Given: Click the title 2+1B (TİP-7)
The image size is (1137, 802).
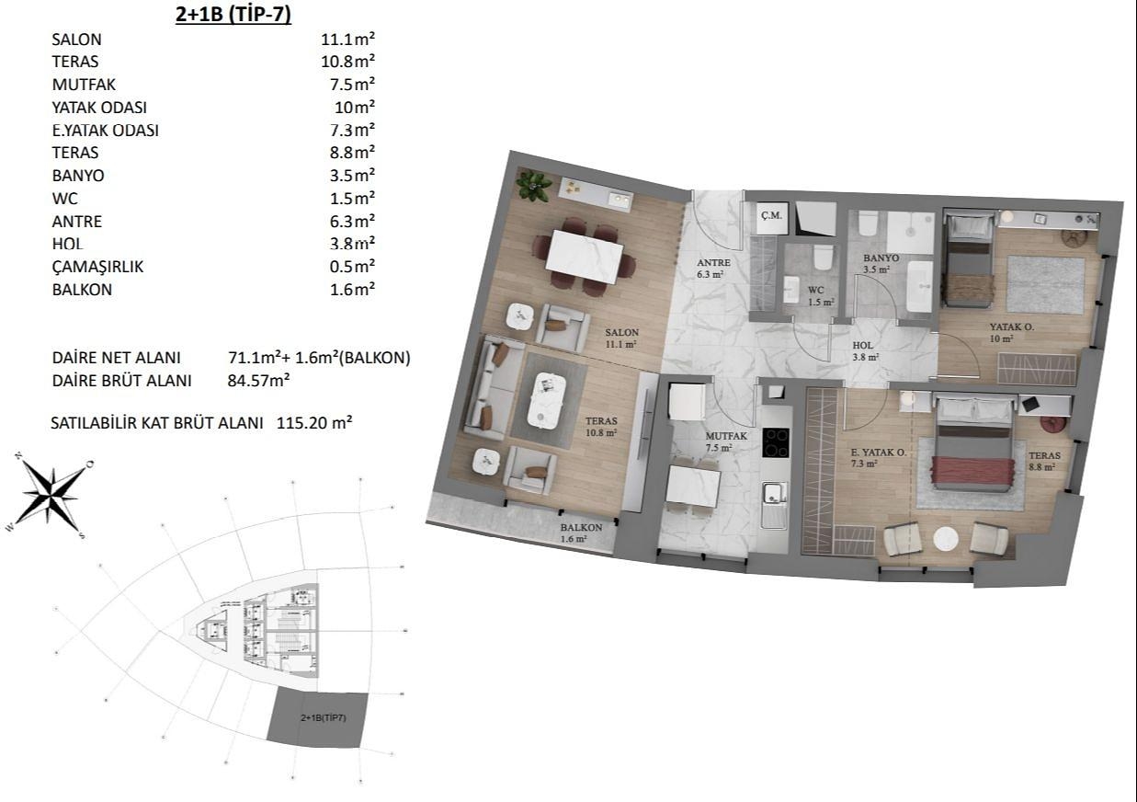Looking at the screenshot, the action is [233, 14].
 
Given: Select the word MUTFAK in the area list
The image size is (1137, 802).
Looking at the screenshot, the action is [84, 85].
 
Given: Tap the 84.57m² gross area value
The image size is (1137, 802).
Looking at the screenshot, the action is [258, 380].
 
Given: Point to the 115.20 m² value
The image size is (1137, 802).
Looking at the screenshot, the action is [314, 422].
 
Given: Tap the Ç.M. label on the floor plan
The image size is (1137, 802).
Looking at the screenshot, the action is [771, 215].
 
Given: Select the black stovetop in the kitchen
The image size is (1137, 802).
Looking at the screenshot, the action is [776, 443].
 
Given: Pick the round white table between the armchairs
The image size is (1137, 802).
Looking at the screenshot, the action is [946, 538].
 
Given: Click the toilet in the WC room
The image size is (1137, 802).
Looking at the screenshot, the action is [823, 258].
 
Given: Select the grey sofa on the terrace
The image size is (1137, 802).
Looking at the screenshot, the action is [492, 386].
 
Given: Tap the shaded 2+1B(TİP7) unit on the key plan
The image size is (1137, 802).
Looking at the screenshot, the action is [317, 720].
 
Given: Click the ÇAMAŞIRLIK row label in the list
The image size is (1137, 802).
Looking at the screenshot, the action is [97, 267].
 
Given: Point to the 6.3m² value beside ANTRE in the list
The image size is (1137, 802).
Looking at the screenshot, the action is [352, 221].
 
